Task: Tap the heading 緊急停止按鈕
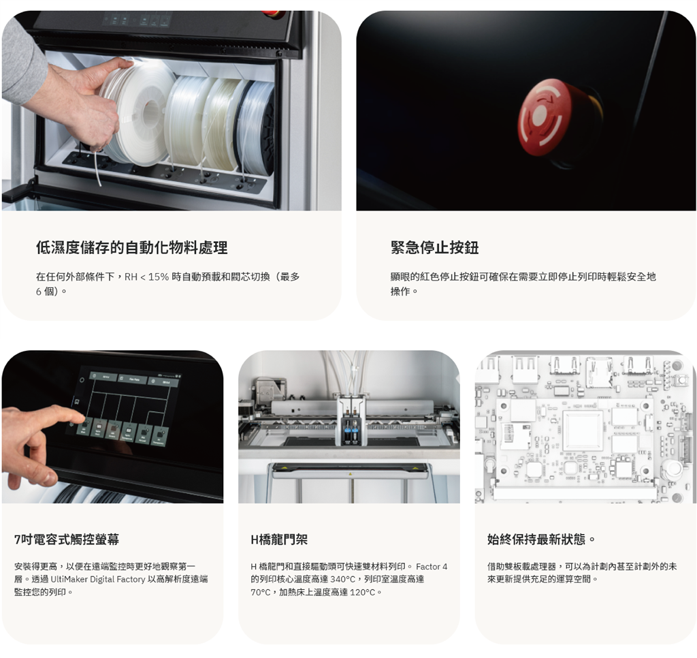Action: (x=435, y=247)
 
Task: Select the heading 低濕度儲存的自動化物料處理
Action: (x=131, y=247)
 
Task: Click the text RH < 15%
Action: (x=147, y=277)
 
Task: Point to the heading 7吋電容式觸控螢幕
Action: (x=67, y=539)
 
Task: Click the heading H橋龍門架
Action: (x=279, y=539)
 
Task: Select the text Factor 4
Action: (x=432, y=566)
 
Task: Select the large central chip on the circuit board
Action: (x=583, y=430)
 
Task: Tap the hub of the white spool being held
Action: (x=150, y=111)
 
